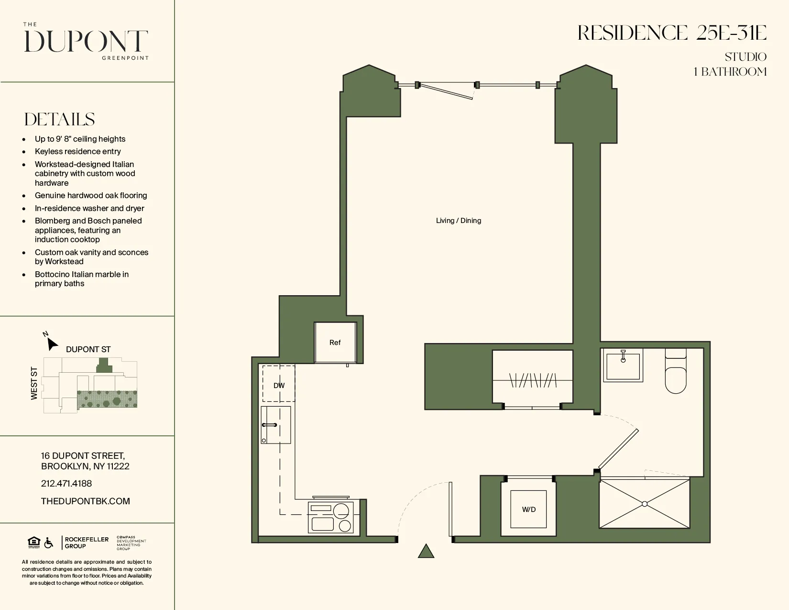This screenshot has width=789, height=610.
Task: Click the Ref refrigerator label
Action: tap(335, 343)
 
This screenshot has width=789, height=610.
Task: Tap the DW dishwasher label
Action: tap(279, 386)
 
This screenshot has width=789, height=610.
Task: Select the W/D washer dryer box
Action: tap(528, 510)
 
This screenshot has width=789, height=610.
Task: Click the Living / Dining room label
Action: tap(458, 221)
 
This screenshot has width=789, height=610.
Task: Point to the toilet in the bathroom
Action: tap(676, 376)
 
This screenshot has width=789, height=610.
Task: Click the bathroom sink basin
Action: tap(623, 367)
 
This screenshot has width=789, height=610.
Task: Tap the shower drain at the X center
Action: tap(645, 504)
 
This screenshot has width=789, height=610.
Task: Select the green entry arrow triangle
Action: tap(426, 552)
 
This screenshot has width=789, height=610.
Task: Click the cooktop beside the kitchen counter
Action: tap(331, 518)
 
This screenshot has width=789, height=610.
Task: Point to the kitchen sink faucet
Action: tap(269, 425)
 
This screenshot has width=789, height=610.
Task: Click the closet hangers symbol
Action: tap(533, 381)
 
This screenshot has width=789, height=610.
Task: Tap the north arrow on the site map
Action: tap(51, 343)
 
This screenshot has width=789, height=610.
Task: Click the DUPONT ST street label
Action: tap(88, 350)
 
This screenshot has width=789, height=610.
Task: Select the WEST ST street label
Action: tap(34, 383)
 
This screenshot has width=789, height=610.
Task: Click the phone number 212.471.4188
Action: tap(66, 484)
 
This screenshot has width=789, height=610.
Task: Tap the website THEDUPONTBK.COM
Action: tap(86, 501)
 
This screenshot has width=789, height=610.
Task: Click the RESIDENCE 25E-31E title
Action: tap(672, 33)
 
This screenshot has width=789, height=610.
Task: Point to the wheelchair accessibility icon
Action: tap(49, 543)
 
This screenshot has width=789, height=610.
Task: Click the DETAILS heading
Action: tap(60, 120)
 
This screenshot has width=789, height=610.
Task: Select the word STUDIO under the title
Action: tap(745, 57)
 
